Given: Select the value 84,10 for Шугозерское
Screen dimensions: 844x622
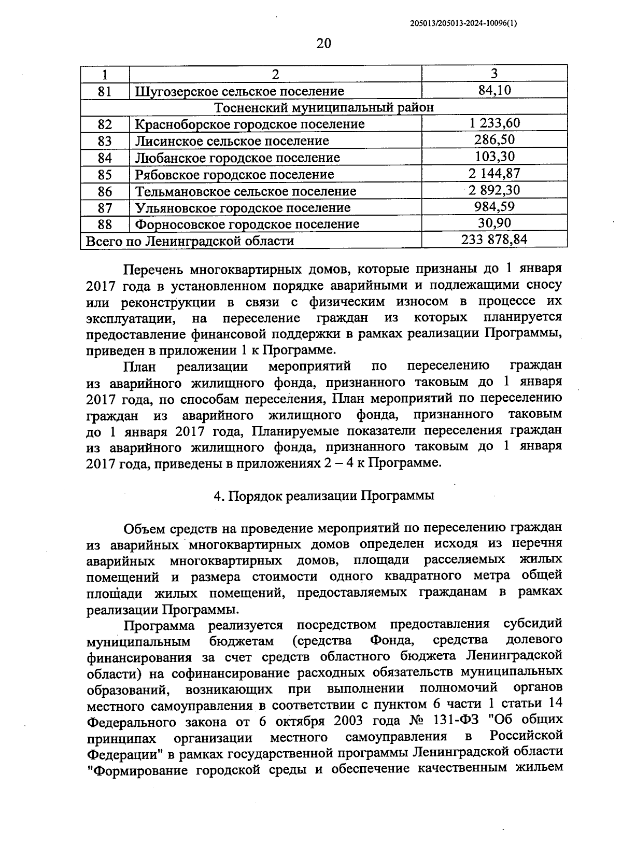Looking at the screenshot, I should (494, 90).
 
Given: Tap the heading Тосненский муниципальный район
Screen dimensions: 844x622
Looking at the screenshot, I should (324, 107).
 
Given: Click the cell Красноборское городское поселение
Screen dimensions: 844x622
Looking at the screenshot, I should (250, 124).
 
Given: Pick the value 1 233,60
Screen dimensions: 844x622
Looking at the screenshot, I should (494, 123).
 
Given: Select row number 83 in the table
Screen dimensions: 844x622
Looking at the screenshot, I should (105, 141).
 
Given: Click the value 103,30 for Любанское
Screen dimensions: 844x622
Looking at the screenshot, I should (494, 157).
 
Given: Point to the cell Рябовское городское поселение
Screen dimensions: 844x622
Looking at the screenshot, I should (234, 175).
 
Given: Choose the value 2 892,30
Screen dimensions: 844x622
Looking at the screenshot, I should (494, 190).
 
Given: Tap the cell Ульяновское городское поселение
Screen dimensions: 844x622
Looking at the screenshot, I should (243, 208).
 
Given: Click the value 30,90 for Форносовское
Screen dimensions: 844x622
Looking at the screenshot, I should (494, 223).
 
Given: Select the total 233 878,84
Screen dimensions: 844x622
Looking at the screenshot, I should (494, 240).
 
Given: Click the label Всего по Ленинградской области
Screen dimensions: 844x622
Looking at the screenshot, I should (190, 241).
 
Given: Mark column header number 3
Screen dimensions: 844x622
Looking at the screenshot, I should (494, 73).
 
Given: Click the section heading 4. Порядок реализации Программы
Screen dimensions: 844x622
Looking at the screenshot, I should (324, 495).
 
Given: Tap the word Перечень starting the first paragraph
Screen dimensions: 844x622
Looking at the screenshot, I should (152, 270).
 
